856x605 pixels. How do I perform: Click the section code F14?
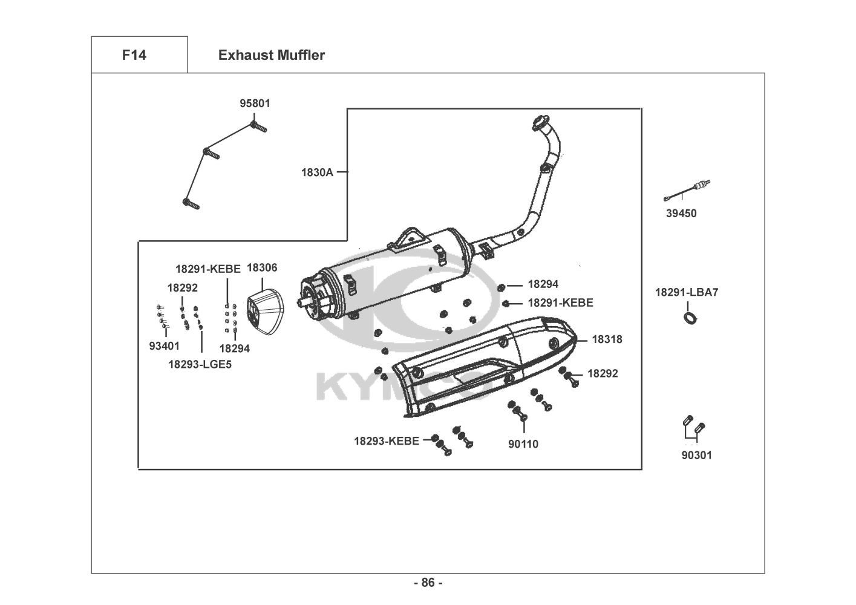(134, 55)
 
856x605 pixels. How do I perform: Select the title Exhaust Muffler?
(272, 55)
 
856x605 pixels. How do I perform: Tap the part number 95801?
(255, 103)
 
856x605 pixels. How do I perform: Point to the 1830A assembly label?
(317, 172)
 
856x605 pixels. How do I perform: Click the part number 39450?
(681, 213)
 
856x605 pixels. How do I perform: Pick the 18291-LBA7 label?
(687, 292)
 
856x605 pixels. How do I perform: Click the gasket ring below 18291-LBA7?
(690, 318)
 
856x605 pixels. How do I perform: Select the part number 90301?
(697, 455)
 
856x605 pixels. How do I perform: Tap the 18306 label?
(262, 267)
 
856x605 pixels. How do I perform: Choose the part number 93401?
(165, 346)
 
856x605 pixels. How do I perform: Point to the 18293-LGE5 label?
(200, 364)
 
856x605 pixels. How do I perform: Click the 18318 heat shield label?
(607, 339)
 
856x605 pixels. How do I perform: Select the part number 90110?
(523, 444)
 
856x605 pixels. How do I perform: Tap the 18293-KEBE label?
(387, 441)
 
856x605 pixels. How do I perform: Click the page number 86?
(428, 583)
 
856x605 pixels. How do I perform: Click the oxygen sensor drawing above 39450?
(687, 191)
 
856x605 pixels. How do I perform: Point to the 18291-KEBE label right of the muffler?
(561, 302)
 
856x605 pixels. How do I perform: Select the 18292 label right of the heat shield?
(603, 373)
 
